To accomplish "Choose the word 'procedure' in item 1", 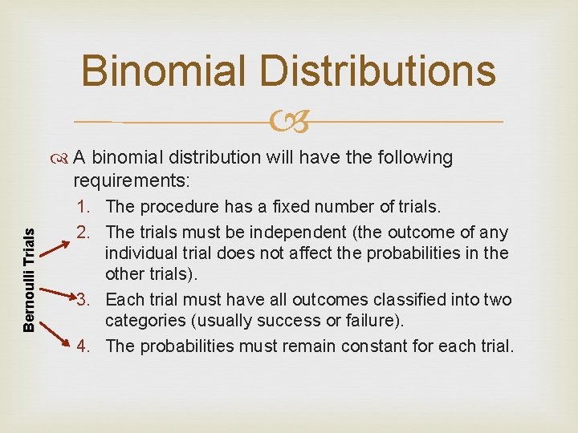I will (x=176, y=207).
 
